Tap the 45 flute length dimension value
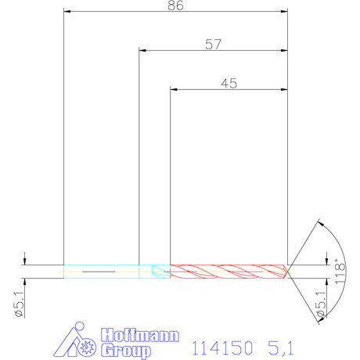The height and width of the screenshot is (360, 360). click(x=229, y=83)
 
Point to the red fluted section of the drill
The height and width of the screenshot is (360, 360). click(x=227, y=271)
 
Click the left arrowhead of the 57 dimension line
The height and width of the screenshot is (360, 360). click(x=143, y=51)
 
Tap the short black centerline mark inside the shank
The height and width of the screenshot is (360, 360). click(x=98, y=272)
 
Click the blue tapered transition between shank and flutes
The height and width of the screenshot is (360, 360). click(x=163, y=271)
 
